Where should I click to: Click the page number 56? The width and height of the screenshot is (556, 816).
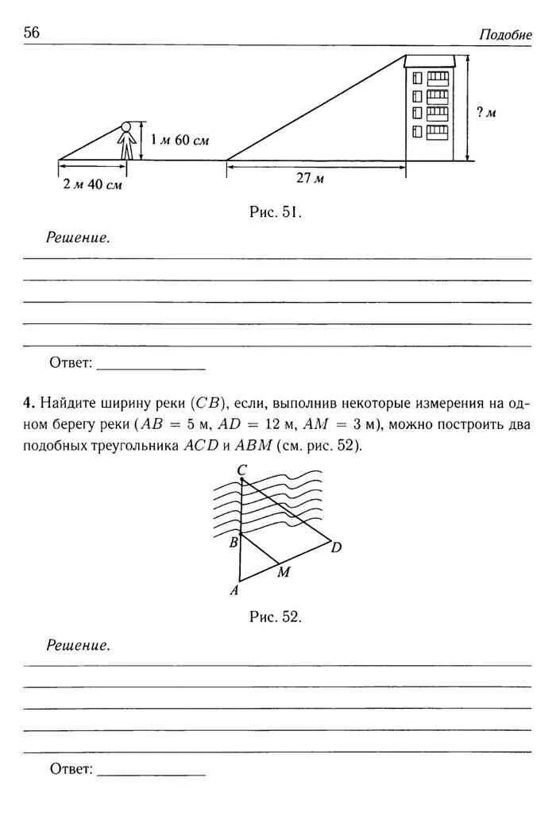[x=32, y=32]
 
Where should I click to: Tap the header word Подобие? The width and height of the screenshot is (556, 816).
[x=505, y=34]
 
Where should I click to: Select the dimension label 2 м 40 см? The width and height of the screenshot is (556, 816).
[x=93, y=184]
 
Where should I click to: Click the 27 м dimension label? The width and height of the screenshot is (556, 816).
[x=311, y=179]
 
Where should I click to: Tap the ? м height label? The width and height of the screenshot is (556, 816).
[x=486, y=112]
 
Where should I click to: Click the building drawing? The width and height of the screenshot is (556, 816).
[x=430, y=108]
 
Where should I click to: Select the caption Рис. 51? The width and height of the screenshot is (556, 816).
[x=276, y=212]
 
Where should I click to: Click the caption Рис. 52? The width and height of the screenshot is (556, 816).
[x=276, y=617]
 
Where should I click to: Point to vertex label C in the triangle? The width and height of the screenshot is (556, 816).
[x=241, y=470]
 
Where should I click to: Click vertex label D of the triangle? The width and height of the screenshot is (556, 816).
[x=336, y=547]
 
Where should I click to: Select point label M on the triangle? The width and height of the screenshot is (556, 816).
[x=283, y=573]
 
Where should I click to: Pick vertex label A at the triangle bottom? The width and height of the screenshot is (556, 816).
[x=234, y=590]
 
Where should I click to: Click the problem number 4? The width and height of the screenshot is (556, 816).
[x=26, y=402]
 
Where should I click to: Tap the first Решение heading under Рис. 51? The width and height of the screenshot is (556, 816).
[x=77, y=238]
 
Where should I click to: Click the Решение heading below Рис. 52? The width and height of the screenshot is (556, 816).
[x=77, y=645]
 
